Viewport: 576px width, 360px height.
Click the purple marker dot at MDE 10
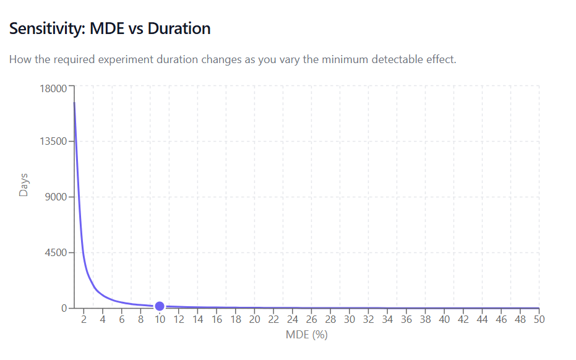(160, 306)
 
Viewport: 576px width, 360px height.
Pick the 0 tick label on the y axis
(64, 308)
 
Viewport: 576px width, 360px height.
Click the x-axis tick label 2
(84, 320)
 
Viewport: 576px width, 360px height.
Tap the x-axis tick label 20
(254, 320)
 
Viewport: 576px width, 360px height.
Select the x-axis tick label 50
(539, 320)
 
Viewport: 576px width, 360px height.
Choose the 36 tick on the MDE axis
(406, 320)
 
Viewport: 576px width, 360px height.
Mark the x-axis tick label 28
(330, 320)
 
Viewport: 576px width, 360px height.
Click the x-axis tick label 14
(197, 320)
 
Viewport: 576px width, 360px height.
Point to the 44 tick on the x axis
(482, 320)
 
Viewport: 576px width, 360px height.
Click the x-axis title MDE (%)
(306, 335)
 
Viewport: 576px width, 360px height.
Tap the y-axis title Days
(24, 184)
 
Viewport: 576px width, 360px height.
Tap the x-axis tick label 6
(121, 320)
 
